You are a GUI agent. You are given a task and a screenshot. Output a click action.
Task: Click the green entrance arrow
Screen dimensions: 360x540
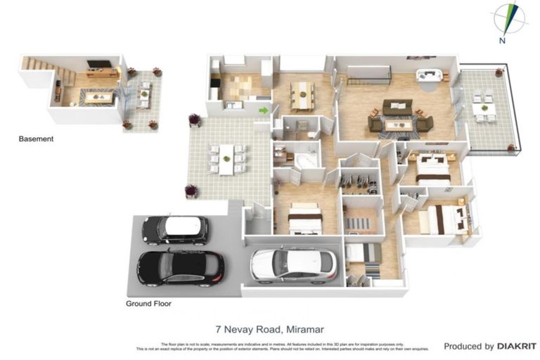264,110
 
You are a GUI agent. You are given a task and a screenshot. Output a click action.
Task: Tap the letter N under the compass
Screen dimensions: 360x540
502,40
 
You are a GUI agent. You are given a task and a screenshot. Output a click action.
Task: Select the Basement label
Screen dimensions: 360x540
36,139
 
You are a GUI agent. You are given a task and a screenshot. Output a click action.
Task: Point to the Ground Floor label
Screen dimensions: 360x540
148,304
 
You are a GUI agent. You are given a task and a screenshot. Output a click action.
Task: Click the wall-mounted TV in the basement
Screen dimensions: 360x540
99,64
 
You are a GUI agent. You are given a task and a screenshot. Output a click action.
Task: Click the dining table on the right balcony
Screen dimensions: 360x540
484,110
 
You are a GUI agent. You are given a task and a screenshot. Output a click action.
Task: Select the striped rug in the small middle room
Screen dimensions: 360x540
361,223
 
